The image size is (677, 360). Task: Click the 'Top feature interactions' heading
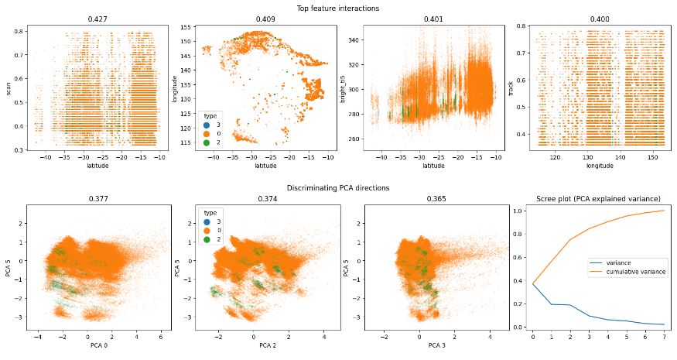coord(338,8)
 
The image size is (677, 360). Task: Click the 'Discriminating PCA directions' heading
coord(338,188)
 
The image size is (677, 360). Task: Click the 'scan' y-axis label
coord(8,85)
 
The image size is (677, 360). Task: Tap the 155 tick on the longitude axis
coord(186,27)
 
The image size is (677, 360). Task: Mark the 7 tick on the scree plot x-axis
coord(662,338)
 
